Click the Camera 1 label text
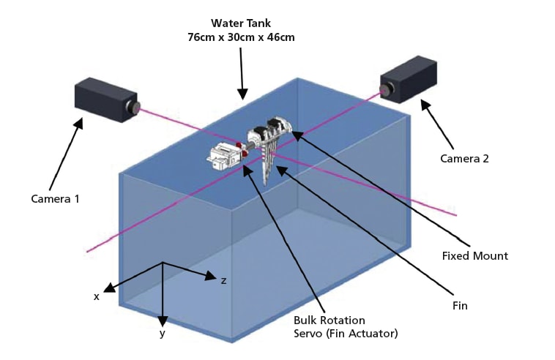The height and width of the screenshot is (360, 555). click(55, 198)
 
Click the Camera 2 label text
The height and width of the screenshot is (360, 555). click(463, 158)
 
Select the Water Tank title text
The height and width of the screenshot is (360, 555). click(241, 23)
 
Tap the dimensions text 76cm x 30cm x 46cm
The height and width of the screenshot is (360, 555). click(241, 37)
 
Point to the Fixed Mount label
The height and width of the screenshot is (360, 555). click(474, 255)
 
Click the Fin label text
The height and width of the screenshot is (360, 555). click(459, 304)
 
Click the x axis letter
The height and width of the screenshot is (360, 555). click(96, 296)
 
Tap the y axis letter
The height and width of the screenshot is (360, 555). click(163, 334)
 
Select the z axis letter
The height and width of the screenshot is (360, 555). click(223, 280)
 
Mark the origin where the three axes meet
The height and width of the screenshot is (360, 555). click(163, 263)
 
